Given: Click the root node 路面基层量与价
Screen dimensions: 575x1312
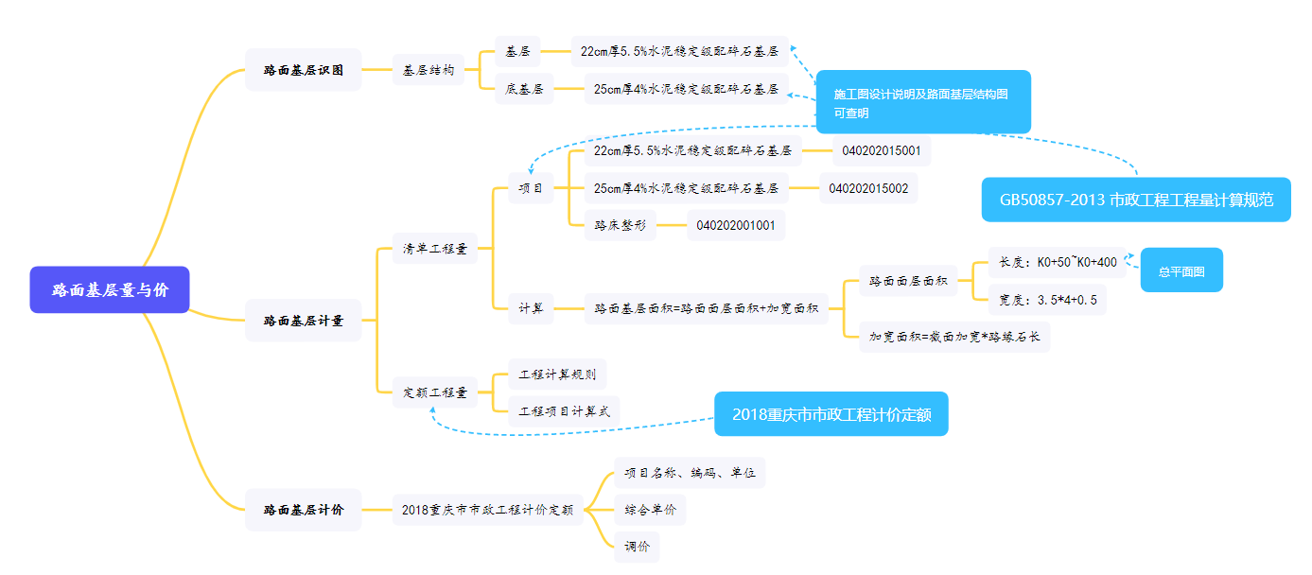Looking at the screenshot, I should point(110,289).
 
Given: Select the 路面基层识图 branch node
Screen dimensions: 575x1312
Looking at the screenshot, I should point(303,70).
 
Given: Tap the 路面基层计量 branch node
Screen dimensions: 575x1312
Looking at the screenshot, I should point(303,321).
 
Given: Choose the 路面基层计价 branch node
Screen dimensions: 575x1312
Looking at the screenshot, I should point(303,510).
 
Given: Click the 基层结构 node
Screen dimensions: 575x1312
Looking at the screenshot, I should point(429,70).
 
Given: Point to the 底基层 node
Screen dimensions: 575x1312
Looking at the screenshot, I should point(524,89).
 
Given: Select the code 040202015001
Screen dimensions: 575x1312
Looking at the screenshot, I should point(883,150).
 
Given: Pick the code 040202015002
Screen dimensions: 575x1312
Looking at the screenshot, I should point(868,188).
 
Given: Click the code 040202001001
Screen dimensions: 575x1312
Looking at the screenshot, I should point(736,225).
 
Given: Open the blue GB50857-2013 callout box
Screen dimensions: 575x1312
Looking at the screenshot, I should point(1135,200).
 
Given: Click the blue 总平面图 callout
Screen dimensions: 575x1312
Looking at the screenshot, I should point(1181,270).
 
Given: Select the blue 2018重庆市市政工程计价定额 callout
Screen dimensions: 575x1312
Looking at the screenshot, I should point(831,414).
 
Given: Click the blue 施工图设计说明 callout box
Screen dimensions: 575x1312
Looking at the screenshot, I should point(922,102).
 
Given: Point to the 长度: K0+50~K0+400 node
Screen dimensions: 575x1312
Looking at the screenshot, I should point(1057,262).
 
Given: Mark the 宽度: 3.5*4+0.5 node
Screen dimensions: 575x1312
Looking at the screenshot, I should point(1047,300).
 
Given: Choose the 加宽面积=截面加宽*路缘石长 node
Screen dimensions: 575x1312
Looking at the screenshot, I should point(954,337).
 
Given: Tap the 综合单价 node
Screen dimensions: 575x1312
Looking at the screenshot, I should point(650,510).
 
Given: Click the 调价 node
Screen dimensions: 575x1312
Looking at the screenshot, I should point(637,547).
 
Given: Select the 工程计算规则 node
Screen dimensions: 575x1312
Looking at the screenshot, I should point(557,374).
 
